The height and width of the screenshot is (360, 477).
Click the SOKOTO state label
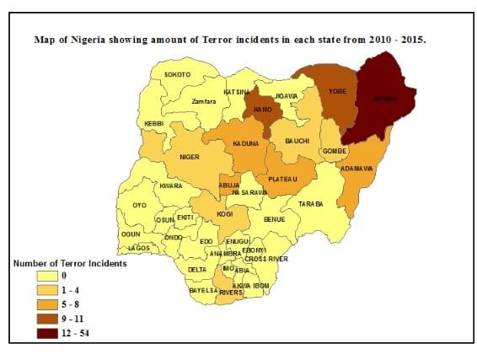pos(177,74)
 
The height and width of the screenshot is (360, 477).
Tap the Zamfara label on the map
pos(204,102)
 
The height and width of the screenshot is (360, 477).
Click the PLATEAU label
pos(283,179)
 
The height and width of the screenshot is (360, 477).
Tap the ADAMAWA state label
pos(356,169)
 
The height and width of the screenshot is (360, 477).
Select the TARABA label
pos(311,204)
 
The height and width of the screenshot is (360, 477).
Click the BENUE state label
pos(275,219)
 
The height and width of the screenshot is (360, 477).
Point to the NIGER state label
pos(189,157)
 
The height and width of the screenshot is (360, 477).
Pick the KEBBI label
pos(153,124)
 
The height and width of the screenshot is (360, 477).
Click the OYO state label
pos(139,205)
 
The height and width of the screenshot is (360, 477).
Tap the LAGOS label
pos(137,248)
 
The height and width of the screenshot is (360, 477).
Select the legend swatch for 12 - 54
pos(46,333)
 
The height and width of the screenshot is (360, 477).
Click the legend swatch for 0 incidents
pos(46,276)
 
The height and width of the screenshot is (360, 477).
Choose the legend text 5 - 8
pos(72,304)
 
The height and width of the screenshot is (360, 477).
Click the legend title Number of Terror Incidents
pos(70,263)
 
